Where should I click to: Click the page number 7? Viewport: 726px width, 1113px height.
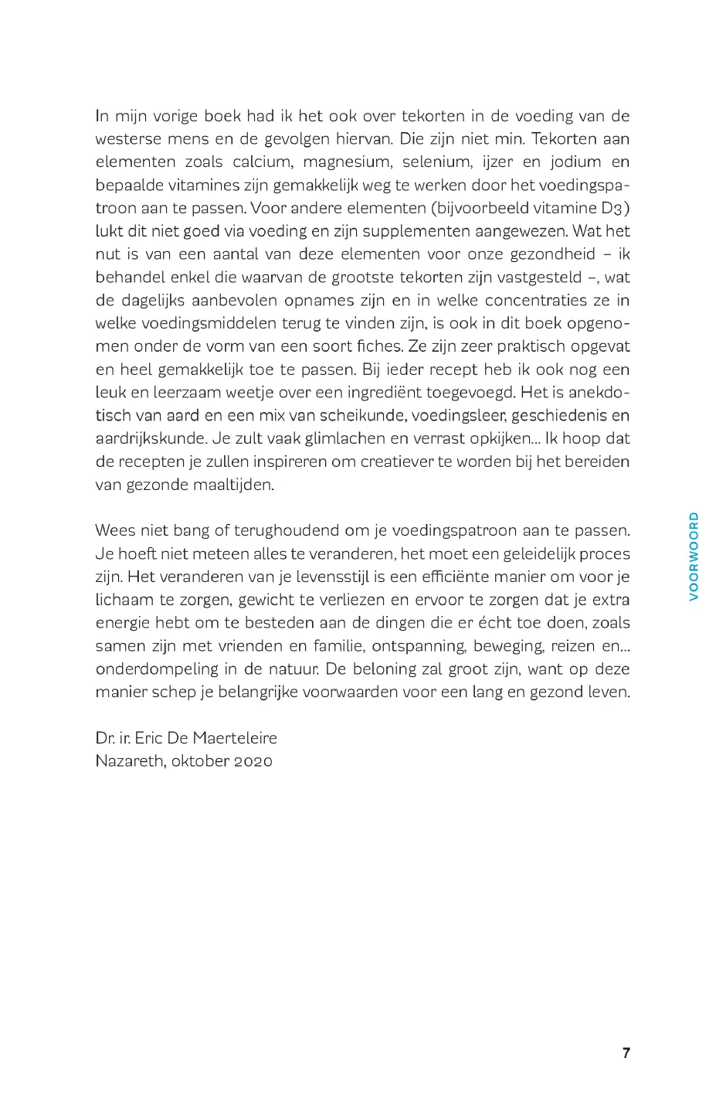click(626, 1053)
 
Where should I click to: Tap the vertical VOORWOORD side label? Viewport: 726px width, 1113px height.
click(694, 556)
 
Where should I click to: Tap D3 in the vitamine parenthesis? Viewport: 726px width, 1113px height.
click(610, 208)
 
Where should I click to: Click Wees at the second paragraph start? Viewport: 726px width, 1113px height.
click(114, 530)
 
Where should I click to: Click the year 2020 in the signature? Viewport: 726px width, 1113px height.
click(253, 761)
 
